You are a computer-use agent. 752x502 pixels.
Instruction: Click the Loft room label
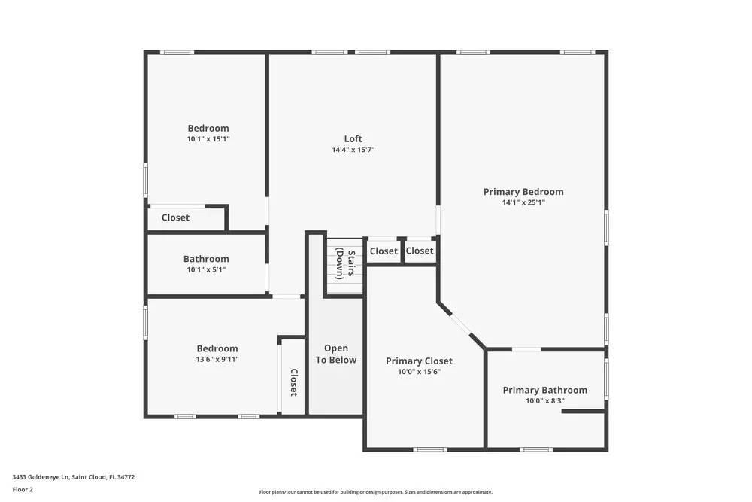[x=353, y=138]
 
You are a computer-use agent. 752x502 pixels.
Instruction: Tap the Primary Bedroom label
[x=523, y=192]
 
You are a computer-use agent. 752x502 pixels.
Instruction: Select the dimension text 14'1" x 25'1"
[x=523, y=202]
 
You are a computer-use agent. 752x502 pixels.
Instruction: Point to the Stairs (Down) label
[x=345, y=263]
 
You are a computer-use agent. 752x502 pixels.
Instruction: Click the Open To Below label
[x=336, y=354]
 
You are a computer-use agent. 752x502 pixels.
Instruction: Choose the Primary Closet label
[x=419, y=361]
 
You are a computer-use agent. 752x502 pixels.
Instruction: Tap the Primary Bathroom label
[x=544, y=390]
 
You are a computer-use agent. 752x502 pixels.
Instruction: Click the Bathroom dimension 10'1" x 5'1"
[x=205, y=269]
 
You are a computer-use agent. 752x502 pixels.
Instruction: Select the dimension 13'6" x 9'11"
[x=217, y=359]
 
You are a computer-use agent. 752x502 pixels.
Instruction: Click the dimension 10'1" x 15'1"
[x=208, y=139]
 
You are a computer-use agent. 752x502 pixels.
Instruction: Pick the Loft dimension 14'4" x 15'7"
[x=353, y=150]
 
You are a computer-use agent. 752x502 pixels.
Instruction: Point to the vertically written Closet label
[x=293, y=382]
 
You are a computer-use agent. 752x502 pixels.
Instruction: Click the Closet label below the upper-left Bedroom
[x=175, y=218]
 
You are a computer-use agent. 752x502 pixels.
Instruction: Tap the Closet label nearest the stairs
[x=384, y=251]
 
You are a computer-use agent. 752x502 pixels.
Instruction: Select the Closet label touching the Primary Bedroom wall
[x=420, y=251]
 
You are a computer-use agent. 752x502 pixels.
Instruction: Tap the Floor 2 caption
[x=23, y=489]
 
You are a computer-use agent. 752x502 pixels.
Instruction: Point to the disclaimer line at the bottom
[x=375, y=492]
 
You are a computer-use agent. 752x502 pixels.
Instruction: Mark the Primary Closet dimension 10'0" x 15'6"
[x=419, y=372]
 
